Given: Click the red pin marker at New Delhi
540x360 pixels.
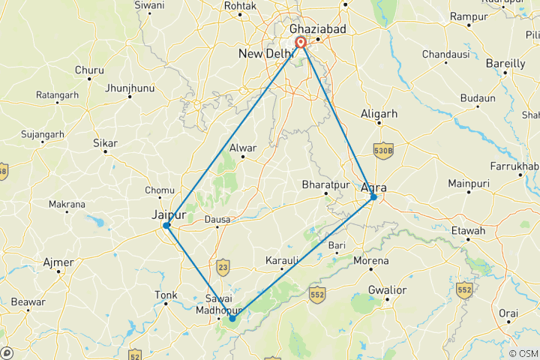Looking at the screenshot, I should pos(300,43).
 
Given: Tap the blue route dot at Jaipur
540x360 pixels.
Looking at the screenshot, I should pos(166,225).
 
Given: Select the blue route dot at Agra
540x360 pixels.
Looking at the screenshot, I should pos(373,197).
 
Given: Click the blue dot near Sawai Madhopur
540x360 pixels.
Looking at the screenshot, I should pos(232,319).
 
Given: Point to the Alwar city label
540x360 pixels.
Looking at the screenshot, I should pos(244,148).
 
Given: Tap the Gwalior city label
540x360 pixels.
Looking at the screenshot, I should pos(387,289).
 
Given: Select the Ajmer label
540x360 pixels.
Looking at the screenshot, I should pos(59,262).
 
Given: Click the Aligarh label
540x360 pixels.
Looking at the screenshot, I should pos(379,113).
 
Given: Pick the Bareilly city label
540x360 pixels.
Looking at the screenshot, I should pos(505,64).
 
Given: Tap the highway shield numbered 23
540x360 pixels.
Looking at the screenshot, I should pos(222,266).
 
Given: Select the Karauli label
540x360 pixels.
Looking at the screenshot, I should pos(282,260).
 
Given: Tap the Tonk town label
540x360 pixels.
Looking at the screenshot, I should pos(166,295).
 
